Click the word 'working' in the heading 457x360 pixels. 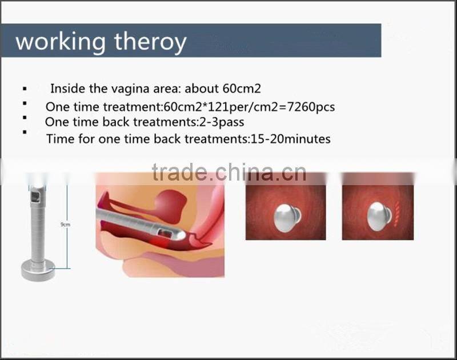(x=60, y=42)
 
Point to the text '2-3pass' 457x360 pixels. (x=225, y=122)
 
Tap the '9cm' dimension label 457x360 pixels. (x=65, y=225)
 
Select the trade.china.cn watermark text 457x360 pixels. (x=229, y=173)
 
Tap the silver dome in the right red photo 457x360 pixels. (x=378, y=216)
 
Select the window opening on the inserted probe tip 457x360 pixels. (x=164, y=233)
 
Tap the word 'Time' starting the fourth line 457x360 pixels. (x=58, y=139)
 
